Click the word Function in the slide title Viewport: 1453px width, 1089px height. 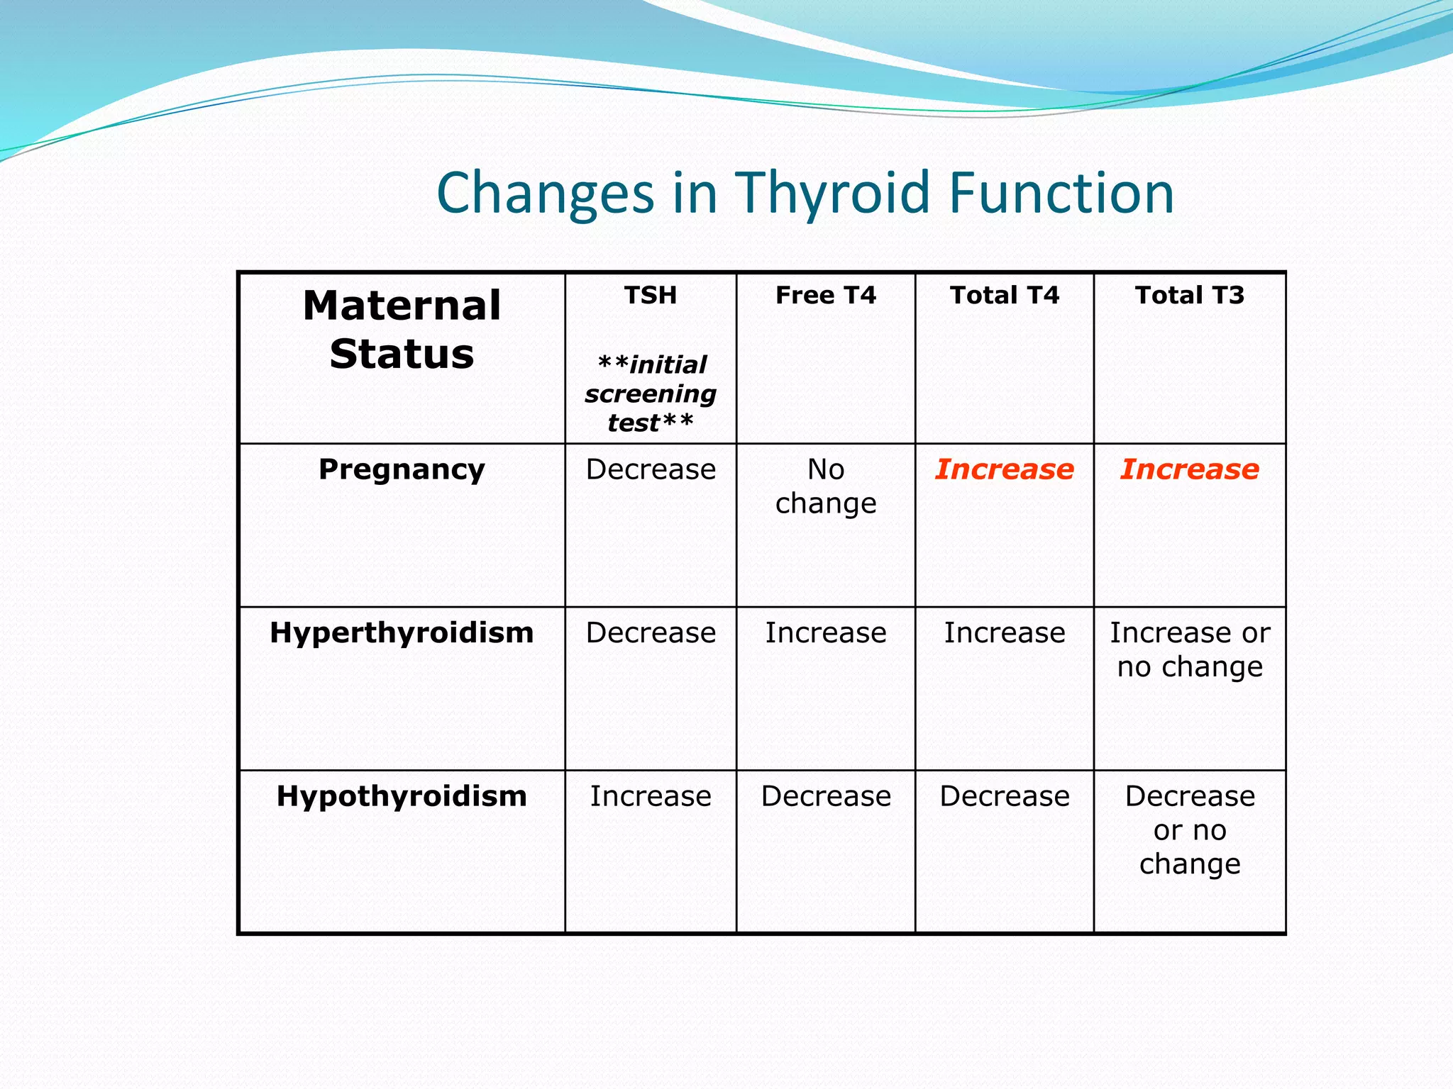click(1061, 193)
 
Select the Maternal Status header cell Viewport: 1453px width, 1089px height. click(402, 330)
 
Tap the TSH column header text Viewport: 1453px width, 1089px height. click(650, 295)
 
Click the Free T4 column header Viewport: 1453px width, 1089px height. click(825, 295)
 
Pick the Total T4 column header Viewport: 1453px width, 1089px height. click(1004, 295)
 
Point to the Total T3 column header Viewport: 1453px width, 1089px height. click(1189, 295)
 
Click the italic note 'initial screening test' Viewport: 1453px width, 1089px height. click(650, 393)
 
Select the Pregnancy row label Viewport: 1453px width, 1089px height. click(402, 469)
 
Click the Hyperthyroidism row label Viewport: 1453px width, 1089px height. click(402, 632)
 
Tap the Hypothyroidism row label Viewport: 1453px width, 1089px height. click(402, 796)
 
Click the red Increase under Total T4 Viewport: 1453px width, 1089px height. click(1004, 469)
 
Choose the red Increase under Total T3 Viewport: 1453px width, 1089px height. click(1189, 469)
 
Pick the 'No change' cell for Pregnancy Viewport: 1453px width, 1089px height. click(825, 486)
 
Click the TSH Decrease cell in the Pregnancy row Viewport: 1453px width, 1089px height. click(650, 469)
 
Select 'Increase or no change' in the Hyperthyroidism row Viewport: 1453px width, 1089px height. click(1189, 649)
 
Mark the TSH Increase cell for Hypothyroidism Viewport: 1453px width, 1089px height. click(650, 796)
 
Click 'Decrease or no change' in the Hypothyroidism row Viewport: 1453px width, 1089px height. click(1189, 830)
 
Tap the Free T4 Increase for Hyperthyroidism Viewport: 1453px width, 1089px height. click(825, 632)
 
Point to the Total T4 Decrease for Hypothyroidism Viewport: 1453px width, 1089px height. click(1004, 796)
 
